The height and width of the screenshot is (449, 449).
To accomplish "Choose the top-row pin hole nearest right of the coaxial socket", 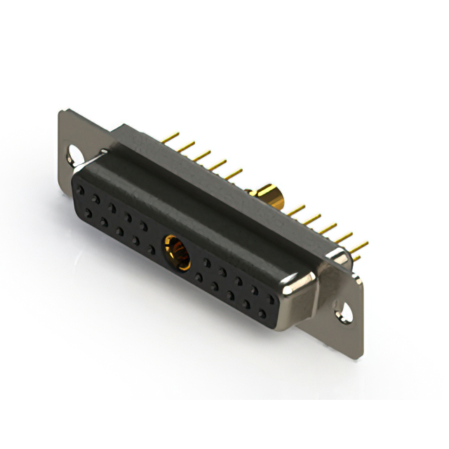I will coord(207,260).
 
